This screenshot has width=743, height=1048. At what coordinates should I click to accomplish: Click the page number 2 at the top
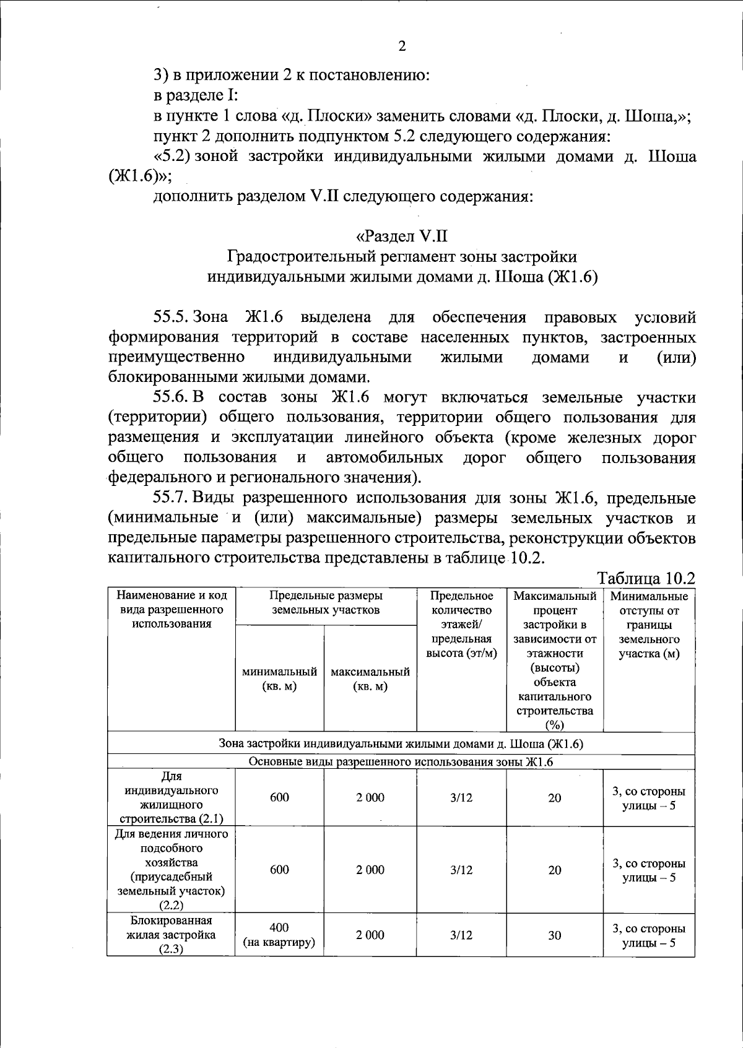click(x=402, y=46)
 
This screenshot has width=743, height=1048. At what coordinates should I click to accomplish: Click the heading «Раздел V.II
click(x=402, y=236)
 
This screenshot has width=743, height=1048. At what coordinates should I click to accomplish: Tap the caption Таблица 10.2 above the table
click(x=646, y=578)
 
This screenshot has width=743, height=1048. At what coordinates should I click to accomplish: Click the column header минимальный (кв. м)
click(x=279, y=679)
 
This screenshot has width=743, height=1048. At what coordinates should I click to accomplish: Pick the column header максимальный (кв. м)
click(x=370, y=679)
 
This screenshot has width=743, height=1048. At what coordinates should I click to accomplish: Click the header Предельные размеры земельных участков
click(x=326, y=603)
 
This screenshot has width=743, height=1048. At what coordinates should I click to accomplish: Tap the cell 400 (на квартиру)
click(x=279, y=935)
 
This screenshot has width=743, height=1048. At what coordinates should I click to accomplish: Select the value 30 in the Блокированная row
click(x=554, y=935)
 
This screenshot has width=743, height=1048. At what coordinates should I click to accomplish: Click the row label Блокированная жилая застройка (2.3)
click(x=171, y=935)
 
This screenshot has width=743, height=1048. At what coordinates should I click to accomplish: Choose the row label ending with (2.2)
click(x=171, y=870)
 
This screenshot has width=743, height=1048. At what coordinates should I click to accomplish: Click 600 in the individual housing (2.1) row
click(x=279, y=797)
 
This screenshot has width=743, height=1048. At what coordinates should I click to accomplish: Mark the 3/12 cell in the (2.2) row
click(x=461, y=870)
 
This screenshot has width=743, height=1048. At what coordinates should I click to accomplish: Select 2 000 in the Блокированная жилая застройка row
click(x=370, y=935)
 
